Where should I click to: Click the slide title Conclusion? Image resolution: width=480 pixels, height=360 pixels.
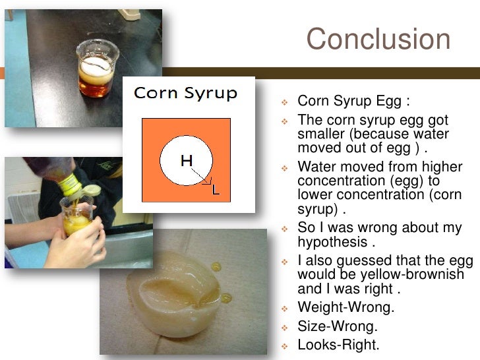click(378, 40)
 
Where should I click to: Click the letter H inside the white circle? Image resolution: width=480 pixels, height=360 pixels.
click(187, 160)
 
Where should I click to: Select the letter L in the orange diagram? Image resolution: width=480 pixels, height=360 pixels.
click(215, 191)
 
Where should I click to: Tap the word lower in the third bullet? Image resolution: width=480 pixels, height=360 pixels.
click(314, 195)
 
